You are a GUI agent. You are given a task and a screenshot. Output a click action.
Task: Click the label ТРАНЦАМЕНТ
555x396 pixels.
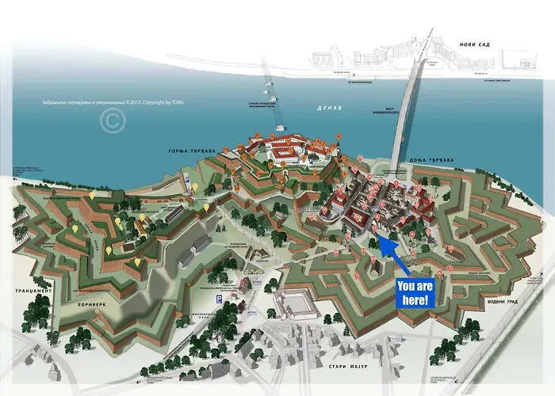[x=32, y=291]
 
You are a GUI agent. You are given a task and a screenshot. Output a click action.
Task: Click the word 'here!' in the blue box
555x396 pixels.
[x=417, y=300]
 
